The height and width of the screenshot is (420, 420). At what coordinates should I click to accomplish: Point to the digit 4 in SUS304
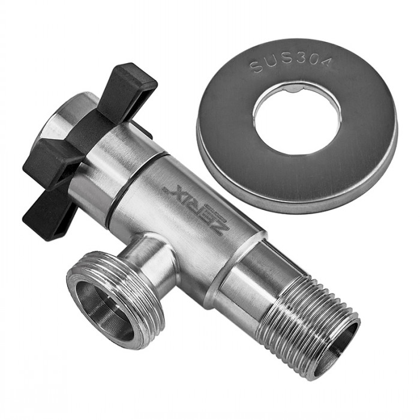[325, 62]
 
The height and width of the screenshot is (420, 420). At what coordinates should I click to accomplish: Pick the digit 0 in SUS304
[313, 59]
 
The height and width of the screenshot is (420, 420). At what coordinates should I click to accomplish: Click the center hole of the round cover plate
[298, 119]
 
